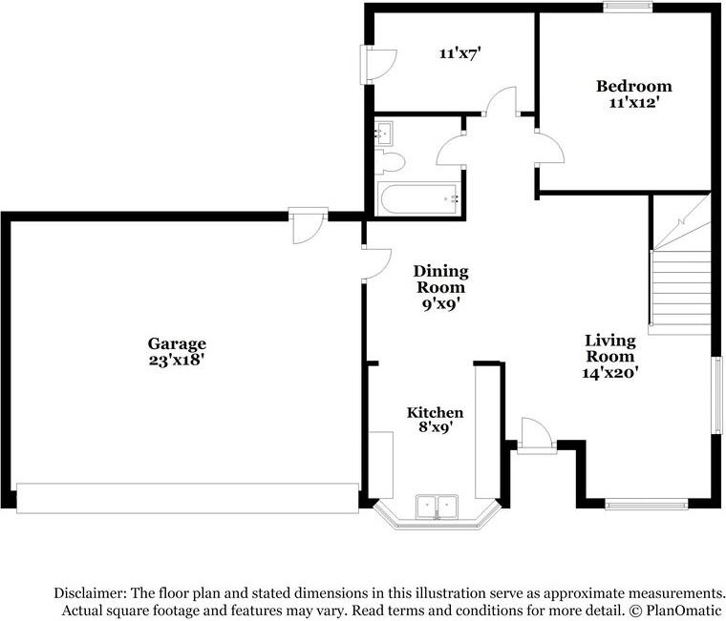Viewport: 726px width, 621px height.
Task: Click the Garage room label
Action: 177,344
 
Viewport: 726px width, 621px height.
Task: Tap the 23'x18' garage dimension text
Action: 177,360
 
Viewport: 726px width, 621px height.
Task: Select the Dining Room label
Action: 440,279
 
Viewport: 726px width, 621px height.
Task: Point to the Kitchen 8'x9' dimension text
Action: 436,426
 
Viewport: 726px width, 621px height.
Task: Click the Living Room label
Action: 610,348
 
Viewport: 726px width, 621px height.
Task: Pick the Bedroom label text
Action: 634,86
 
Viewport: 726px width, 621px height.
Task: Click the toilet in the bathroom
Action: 390,161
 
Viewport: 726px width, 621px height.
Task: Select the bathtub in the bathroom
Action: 417,198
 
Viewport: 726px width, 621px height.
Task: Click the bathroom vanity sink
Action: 383,134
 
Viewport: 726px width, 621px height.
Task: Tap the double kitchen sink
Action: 438,507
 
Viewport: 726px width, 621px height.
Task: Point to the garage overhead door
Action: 187,498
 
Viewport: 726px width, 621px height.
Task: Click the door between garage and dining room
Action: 376,263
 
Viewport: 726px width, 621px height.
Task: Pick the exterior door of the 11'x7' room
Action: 379,65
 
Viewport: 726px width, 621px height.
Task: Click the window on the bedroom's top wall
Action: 628,6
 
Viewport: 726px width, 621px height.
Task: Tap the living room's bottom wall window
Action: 647,504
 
